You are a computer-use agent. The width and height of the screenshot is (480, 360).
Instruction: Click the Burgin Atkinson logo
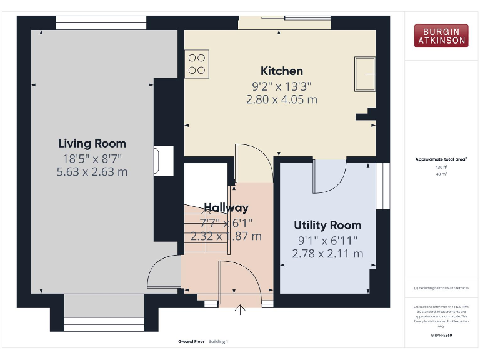pos(440,36)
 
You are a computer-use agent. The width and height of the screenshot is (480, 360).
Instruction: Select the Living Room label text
pos(92,143)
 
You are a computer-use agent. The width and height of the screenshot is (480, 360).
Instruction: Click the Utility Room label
pos(327,225)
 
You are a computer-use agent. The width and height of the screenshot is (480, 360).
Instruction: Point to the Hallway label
pos(226,207)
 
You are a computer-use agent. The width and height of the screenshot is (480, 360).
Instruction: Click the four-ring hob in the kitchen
pos(197,63)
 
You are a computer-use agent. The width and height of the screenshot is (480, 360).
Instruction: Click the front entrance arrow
pos(241,309)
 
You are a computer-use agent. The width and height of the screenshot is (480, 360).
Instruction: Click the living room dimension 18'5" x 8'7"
pos(92,157)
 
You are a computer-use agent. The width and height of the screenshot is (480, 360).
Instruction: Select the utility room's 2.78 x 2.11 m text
pos(327,254)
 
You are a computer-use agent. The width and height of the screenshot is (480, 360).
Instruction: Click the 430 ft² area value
pos(441,167)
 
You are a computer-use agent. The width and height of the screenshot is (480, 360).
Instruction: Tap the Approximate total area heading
pos(441,159)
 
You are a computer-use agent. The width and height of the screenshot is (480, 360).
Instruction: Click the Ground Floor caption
pos(191,342)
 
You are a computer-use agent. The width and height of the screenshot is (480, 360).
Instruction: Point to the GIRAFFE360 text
pos(441,336)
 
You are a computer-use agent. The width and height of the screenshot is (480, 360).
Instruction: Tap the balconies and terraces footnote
pos(441,288)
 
